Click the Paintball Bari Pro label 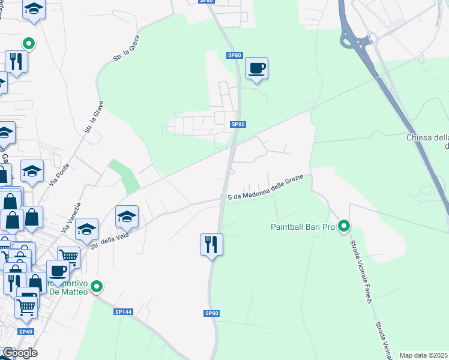[x=302, y=227]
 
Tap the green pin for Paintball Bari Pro [x=344, y=226]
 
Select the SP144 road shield [x=122, y=312]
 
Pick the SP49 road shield [x=25, y=332]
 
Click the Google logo [x=19, y=353]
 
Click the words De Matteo [x=71, y=292]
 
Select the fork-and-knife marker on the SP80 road [x=211, y=245]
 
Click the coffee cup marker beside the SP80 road [x=256, y=68]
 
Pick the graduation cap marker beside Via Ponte [x=32, y=172]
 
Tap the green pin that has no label [x=28, y=43]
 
